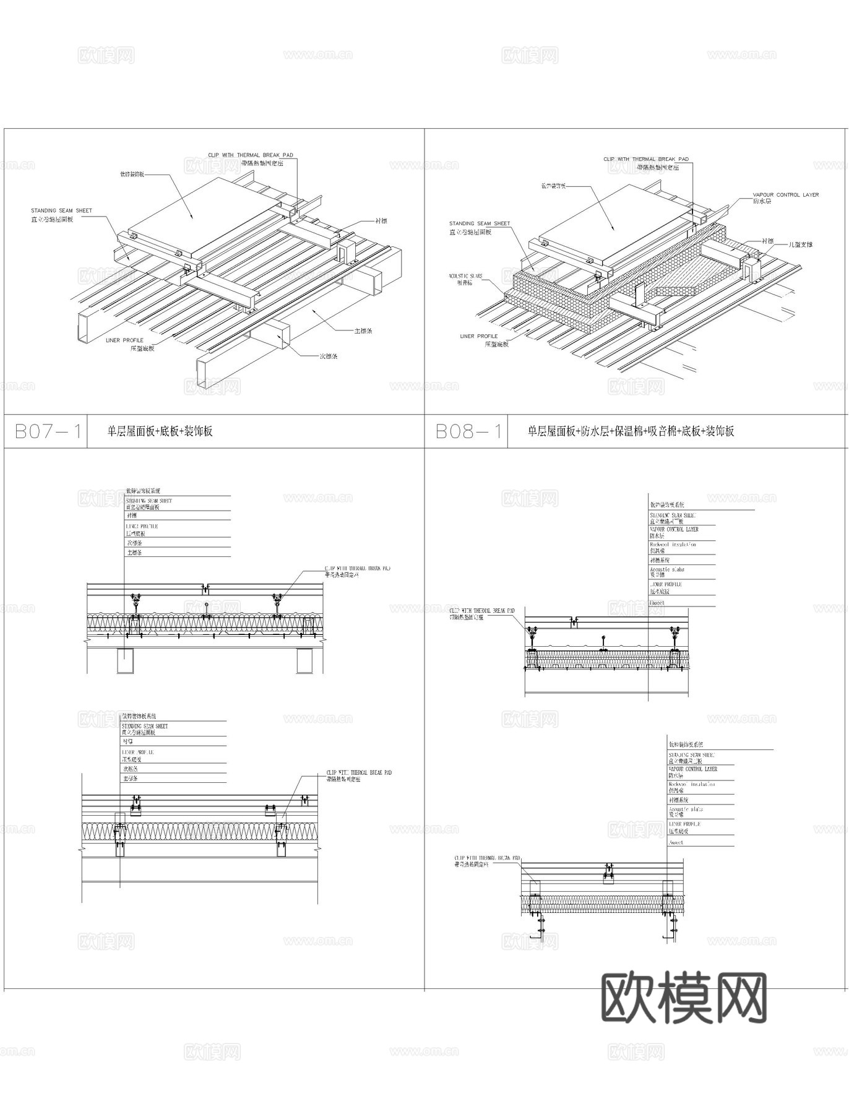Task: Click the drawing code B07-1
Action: point(48,431)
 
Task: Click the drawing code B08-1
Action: point(468,431)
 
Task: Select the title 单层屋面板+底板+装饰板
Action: point(160,431)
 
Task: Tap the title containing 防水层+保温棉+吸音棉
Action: point(631,431)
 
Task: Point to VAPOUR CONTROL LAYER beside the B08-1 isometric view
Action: point(785,195)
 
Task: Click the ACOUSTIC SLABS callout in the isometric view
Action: point(465,276)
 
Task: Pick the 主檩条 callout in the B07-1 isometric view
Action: point(363,331)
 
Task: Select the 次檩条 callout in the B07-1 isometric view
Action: point(328,356)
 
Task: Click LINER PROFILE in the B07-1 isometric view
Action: point(124,340)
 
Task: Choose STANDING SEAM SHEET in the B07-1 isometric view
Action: point(61,211)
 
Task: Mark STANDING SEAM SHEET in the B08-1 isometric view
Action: point(480,223)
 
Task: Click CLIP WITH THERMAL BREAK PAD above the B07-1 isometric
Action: point(250,155)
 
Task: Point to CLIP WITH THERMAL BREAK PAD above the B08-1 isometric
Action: point(645,160)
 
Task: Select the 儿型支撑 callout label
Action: point(800,245)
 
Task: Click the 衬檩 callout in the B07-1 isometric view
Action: point(381,221)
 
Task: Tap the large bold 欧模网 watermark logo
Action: point(684,997)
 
